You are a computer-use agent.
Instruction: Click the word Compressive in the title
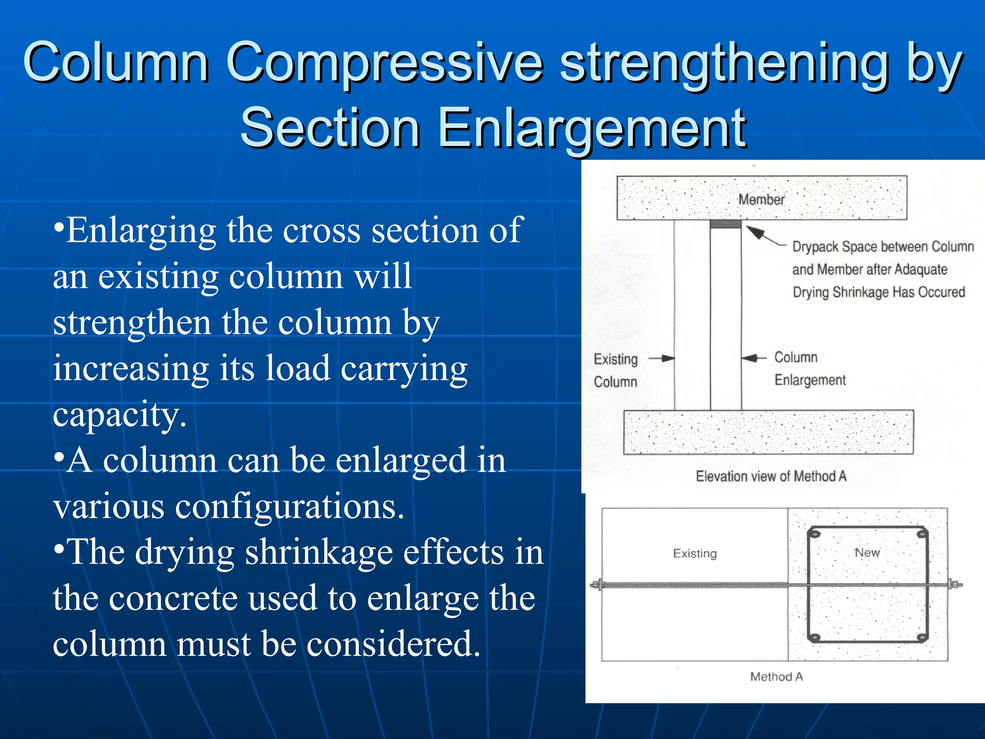(385, 63)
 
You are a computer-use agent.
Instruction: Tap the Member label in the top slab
(761, 199)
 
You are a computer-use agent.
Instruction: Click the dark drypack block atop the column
(725, 224)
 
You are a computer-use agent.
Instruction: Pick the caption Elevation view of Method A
(770, 476)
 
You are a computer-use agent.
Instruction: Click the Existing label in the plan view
(695, 553)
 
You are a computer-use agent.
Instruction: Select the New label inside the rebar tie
(867, 553)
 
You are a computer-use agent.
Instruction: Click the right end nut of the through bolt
(953, 585)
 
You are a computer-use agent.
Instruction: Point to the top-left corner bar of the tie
(814, 534)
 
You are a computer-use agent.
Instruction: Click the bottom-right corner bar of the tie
(922, 637)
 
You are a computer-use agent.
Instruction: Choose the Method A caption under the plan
(776, 677)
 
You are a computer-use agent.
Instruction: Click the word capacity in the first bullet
(119, 415)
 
